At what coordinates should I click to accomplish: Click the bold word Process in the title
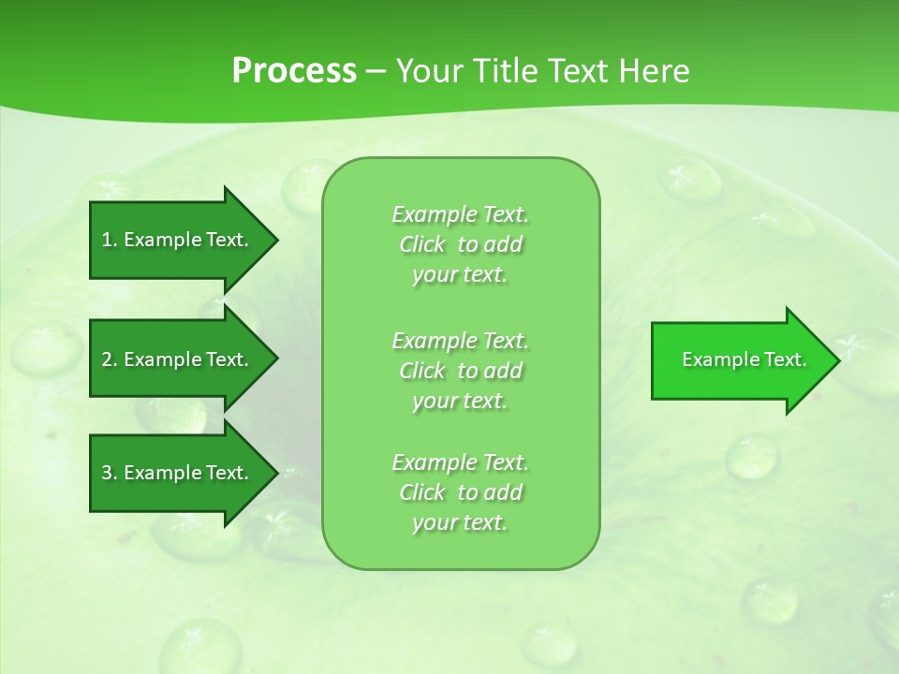click(x=294, y=71)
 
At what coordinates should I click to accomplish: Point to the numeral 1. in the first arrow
click(x=110, y=240)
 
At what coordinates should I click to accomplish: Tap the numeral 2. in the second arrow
click(x=110, y=359)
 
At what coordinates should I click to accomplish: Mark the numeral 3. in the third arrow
click(x=110, y=473)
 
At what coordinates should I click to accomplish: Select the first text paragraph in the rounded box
click(x=460, y=244)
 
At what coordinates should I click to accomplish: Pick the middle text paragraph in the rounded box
click(x=460, y=370)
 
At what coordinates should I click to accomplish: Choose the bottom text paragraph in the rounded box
click(x=460, y=492)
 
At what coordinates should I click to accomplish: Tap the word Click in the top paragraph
click(x=422, y=244)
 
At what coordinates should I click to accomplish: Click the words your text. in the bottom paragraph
click(x=460, y=522)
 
